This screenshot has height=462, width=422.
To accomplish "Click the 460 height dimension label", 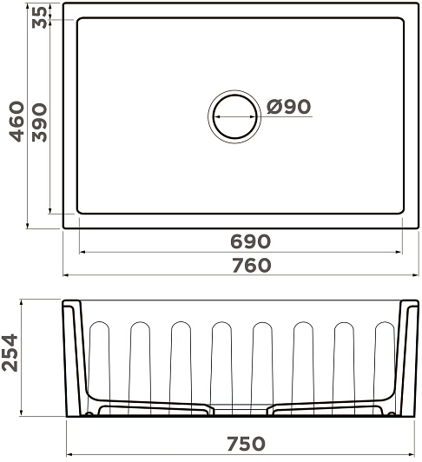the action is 16,122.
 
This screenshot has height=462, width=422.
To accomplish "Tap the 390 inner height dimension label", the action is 39,122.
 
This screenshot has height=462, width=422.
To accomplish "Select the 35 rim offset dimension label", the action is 39,17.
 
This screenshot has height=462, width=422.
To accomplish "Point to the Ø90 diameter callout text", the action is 288,106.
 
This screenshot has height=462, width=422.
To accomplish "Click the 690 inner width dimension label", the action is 250,241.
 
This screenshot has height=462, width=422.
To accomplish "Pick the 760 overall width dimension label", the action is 251,266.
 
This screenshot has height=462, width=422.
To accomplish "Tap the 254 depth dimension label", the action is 10,353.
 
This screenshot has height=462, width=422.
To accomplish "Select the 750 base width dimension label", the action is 247,444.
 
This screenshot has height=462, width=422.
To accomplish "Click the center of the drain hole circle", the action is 234,116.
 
